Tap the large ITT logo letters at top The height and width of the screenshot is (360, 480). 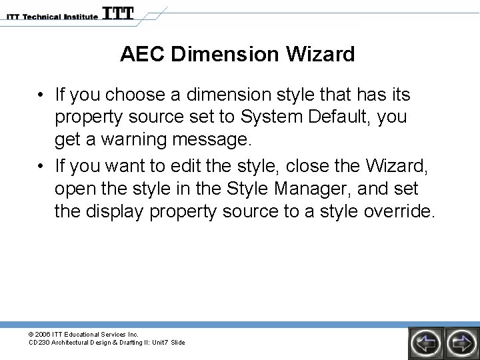pyautogui.click(x=118, y=14)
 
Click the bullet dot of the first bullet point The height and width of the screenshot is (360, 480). pyautogui.click(x=41, y=95)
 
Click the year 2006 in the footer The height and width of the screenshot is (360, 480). pyautogui.click(x=44, y=334)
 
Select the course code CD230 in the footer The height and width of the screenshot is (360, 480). pyautogui.click(x=39, y=343)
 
